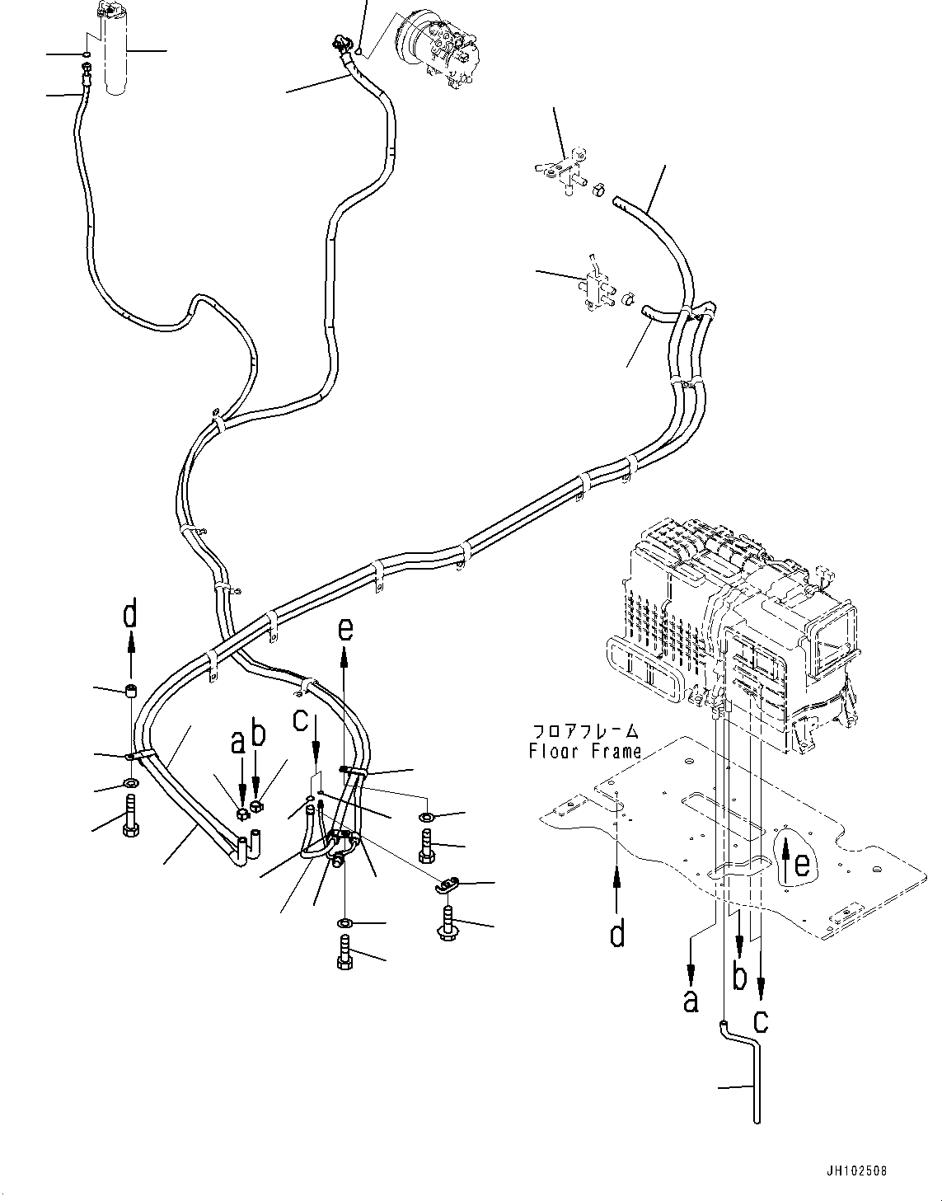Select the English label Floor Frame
coord(585,751)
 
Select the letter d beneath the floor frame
coord(616,935)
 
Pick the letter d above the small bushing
coord(130,616)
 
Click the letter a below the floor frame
coord(690,1000)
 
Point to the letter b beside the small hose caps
coord(258,734)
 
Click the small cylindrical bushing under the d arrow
coord(130,691)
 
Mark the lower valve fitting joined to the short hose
coord(596,286)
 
